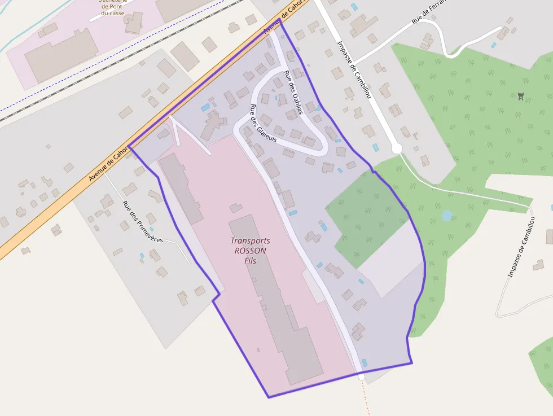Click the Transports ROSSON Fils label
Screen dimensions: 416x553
249,251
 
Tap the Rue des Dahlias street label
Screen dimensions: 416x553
293,92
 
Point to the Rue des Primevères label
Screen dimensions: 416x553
142,222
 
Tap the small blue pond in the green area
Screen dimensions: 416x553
447,216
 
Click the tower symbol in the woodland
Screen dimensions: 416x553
520,97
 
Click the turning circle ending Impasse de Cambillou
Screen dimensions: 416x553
397,148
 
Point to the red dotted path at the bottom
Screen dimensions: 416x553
365,398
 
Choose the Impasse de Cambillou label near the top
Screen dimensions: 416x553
354,70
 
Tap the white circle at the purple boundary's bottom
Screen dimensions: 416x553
361,376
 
